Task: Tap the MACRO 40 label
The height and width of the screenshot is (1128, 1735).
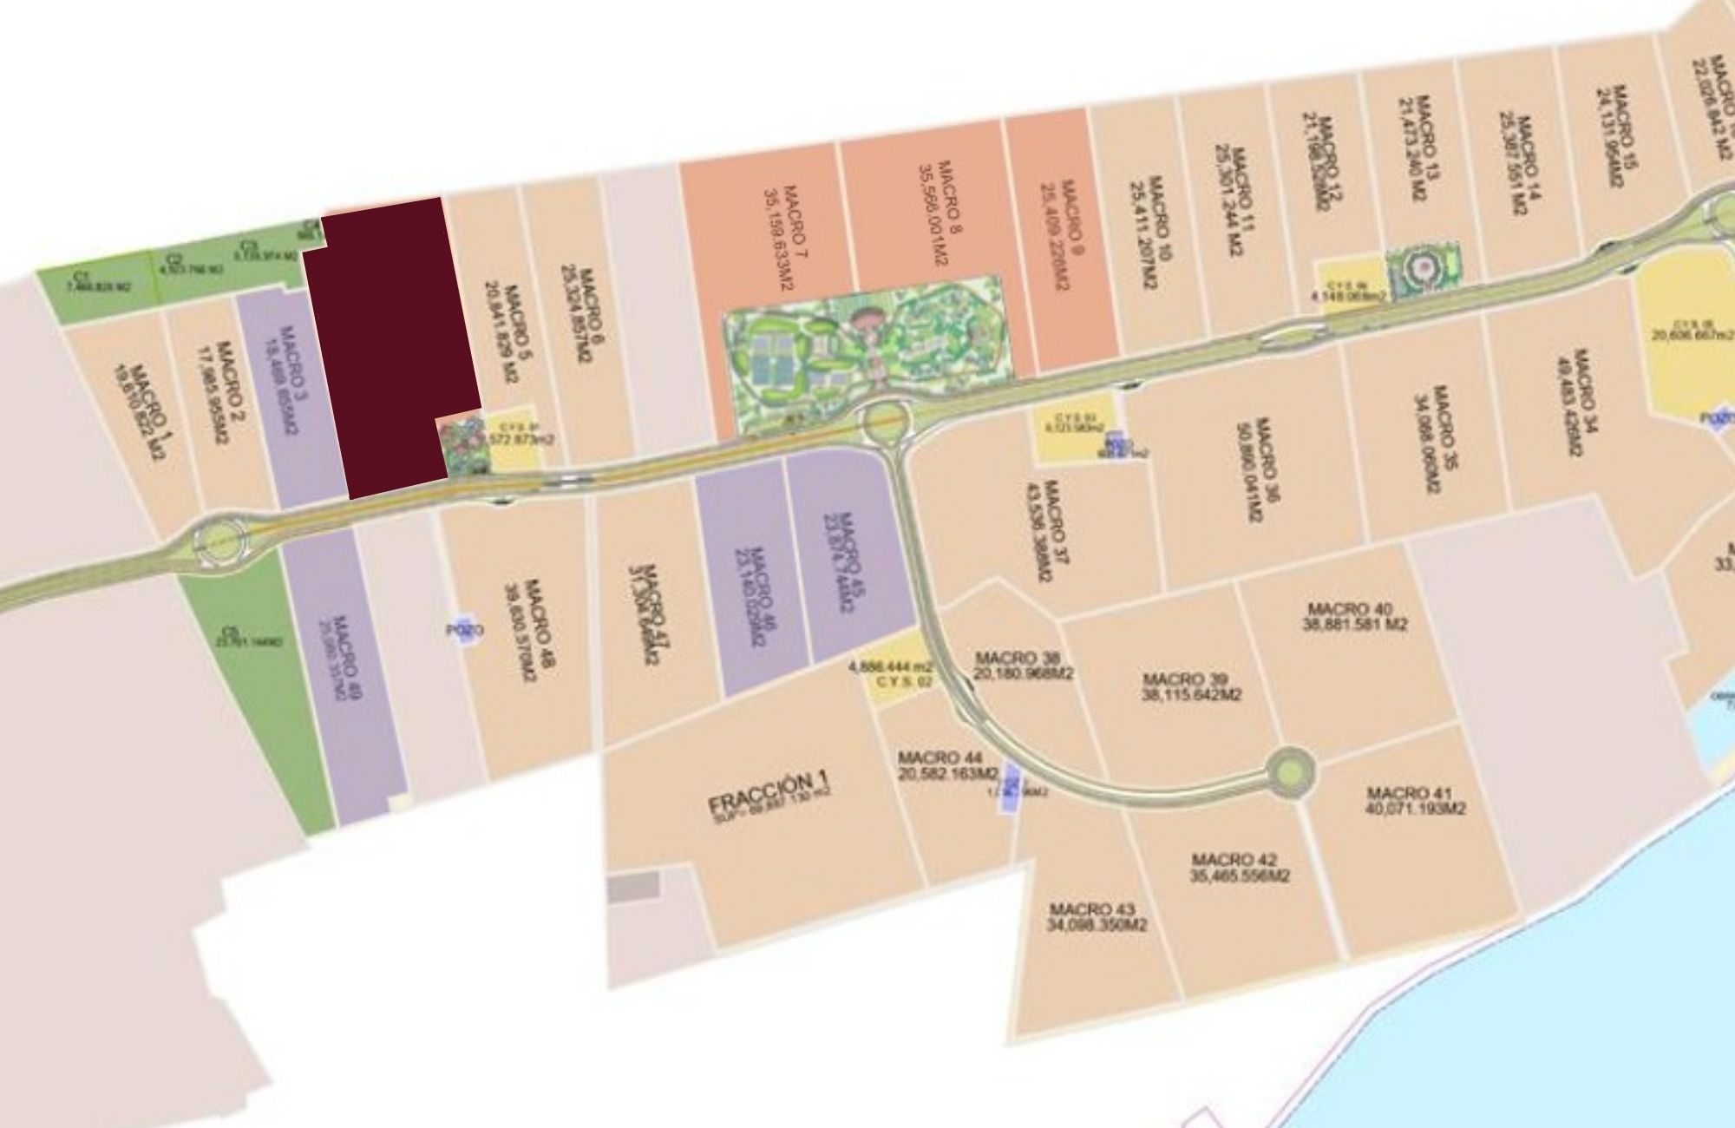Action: coord(1354,617)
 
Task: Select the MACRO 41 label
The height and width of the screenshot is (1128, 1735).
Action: coord(1415,800)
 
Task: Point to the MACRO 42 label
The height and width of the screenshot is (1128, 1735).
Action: coord(1240,868)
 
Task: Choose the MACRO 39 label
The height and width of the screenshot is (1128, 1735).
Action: coord(1191,686)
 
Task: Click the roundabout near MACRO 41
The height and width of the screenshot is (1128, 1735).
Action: coord(1290,769)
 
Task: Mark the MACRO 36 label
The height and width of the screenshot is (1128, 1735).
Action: coord(1259,469)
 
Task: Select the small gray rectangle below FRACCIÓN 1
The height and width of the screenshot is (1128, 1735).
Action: coord(633,886)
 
